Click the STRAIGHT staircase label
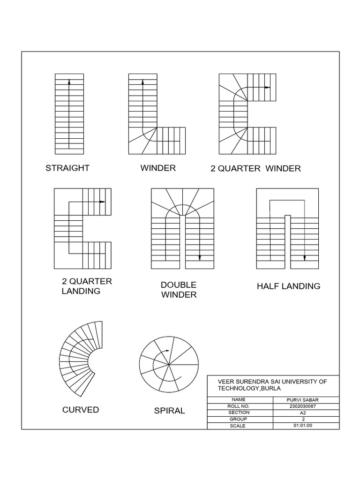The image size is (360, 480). pyautogui.click(x=67, y=168)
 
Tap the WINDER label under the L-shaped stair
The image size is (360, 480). pyautogui.click(x=158, y=168)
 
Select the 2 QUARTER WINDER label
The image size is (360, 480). pyautogui.click(x=255, y=168)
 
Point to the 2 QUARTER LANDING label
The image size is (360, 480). pyautogui.click(x=87, y=286)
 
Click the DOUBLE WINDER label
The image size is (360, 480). pyautogui.click(x=178, y=290)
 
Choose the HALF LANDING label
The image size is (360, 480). pyautogui.click(x=288, y=286)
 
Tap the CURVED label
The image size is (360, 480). pyautogui.click(x=81, y=410)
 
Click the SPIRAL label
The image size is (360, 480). pyautogui.click(x=169, y=411)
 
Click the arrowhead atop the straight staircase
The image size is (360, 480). pyautogui.click(x=69, y=82)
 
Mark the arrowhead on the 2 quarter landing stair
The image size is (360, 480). pyautogui.click(x=102, y=202)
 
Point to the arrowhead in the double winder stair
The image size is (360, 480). pyautogui.click(x=200, y=257)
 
